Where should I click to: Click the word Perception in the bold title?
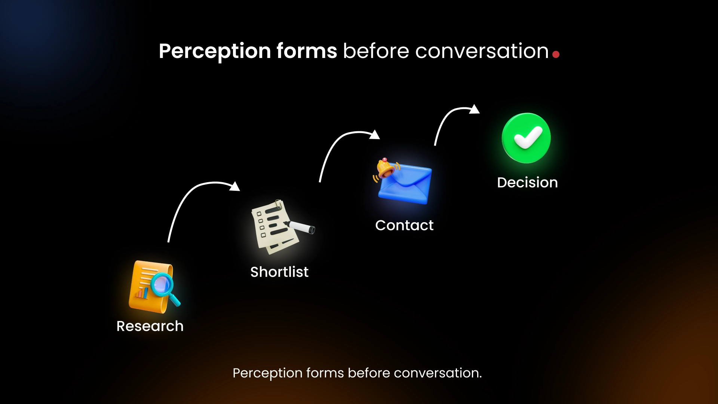(215, 51)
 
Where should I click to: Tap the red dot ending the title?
(556, 55)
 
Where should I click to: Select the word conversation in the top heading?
(482, 51)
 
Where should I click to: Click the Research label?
(150, 326)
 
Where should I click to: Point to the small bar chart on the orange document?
(142, 293)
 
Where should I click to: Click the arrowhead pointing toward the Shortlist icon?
(235, 186)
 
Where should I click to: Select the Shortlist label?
(279, 272)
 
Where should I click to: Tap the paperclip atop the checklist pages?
(278, 204)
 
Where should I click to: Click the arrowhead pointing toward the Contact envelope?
(375, 135)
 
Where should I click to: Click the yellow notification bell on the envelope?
(385, 168)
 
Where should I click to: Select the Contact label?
(404, 225)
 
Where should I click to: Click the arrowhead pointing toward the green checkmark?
(475, 109)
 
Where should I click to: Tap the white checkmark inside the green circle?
(527, 138)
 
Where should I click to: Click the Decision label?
(527, 183)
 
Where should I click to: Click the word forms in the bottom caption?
(325, 373)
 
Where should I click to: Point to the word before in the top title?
(376, 51)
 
